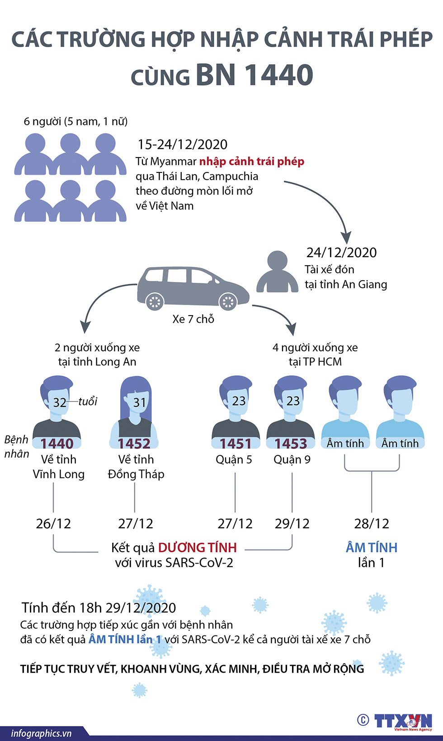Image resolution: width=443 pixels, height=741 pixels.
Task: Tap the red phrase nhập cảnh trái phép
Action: coord(252,162)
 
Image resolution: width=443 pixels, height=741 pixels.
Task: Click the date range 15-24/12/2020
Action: coord(182,144)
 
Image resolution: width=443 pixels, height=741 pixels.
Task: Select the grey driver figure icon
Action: coord(277,272)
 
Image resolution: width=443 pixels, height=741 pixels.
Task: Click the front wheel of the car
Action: coord(227,301)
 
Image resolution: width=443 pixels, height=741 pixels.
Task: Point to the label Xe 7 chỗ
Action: coord(193,319)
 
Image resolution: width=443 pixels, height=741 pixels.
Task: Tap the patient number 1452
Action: coord(134,444)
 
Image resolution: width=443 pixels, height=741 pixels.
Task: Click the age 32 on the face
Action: coord(60,402)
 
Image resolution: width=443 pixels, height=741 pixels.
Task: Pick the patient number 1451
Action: coord(236,444)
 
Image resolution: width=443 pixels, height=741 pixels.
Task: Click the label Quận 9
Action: coord(292,460)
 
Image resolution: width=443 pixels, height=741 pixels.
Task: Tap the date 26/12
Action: coord(53,524)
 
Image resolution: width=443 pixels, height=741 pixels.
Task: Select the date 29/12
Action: coord(292,524)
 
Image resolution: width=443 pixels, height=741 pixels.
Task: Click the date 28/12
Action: coord(372,524)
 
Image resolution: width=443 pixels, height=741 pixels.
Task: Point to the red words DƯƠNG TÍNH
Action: coord(197,548)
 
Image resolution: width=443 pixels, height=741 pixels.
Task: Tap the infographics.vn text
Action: coord(41,733)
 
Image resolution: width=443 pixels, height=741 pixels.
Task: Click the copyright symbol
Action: coord(363,720)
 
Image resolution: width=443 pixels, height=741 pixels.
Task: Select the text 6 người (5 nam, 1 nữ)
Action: coord(75,121)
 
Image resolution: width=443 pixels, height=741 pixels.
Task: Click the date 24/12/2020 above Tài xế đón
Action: coord(341,253)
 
